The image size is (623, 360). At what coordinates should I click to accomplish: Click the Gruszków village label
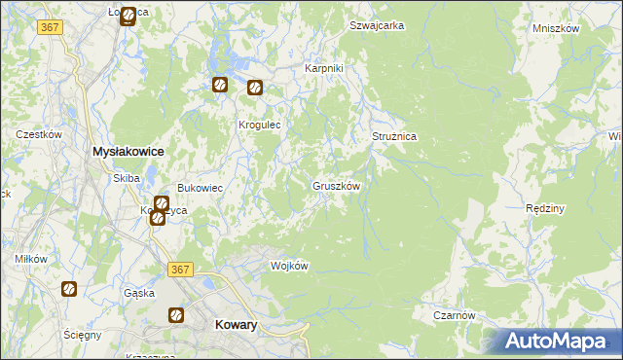(337, 185)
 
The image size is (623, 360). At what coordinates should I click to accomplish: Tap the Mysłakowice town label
(127, 152)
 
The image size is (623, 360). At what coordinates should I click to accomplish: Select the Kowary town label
(235, 326)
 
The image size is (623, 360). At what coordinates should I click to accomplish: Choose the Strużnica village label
(394, 137)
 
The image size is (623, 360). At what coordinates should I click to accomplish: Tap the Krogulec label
(260, 126)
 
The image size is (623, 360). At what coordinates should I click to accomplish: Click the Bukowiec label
(200, 188)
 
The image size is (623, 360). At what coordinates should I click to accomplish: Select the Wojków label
(289, 266)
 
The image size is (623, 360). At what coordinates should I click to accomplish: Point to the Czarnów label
(455, 315)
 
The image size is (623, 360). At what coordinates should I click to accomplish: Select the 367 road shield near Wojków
(179, 270)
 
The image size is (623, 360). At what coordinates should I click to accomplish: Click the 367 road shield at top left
(51, 27)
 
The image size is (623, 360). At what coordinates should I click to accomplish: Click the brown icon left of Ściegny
(69, 289)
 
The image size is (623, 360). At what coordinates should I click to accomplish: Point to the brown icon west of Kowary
(176, 314)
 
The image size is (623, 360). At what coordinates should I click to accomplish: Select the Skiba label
(127, 178)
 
